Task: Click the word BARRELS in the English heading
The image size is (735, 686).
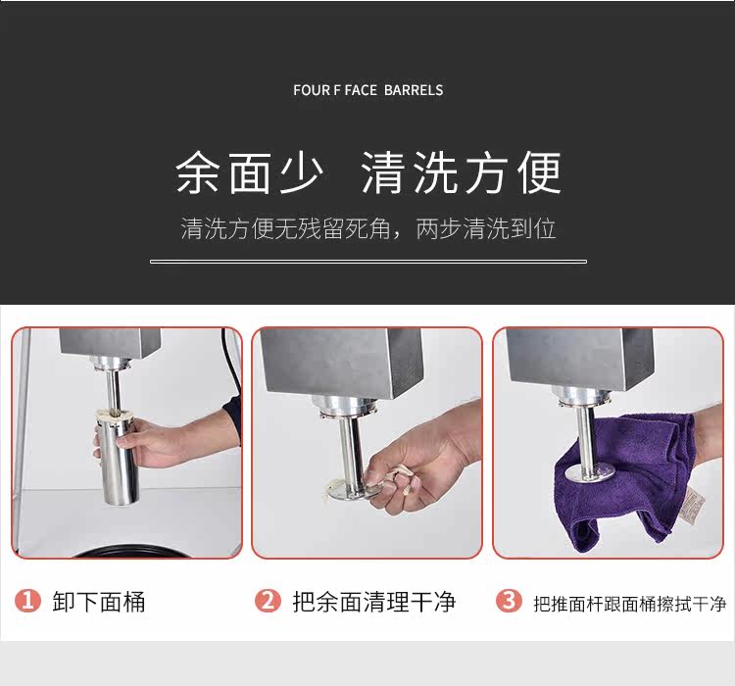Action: tap(414, 90)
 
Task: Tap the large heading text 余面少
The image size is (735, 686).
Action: tap(249, 172)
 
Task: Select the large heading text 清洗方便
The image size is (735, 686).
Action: tap(462, 172)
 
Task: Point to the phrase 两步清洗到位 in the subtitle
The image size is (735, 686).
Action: tap(486, 228)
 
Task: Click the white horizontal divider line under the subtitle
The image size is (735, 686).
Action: tap(368, 262)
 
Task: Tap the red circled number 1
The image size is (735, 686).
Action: tap(27, 601)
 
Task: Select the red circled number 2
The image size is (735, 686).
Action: tap(268, 601)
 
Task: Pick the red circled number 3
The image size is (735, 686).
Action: tap(509, 601)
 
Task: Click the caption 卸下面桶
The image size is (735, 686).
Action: tap(99, 602)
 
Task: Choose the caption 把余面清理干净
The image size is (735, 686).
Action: tap(374, 602)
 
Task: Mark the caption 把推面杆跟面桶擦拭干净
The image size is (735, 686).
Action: tap(630, 604)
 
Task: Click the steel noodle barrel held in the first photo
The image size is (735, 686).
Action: tap(118, 461)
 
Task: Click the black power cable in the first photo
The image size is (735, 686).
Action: tap(233, 366)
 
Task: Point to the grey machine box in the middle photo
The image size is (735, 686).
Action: tap(341, 361)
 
